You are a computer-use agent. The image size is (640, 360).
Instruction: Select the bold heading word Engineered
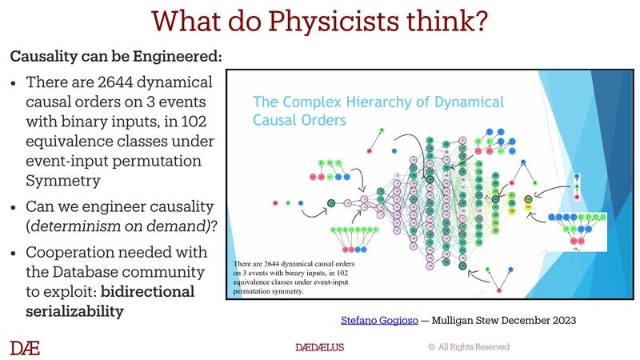point(183,58)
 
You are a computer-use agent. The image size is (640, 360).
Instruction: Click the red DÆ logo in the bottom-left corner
point(25,347)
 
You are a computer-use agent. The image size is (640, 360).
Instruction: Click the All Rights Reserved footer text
point(474,347)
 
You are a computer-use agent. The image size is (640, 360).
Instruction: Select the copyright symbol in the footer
point(431,347)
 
